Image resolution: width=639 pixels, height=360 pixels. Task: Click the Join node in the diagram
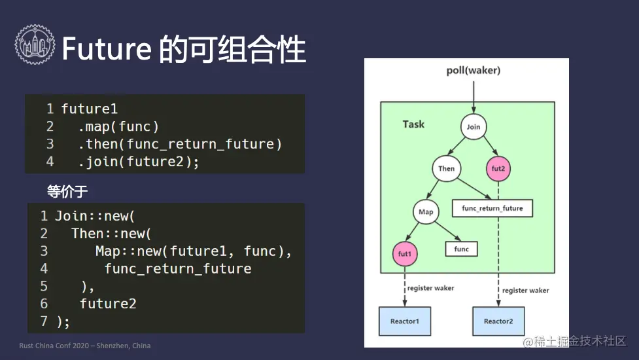[473, 127]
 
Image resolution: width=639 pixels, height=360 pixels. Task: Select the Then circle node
[446, 168]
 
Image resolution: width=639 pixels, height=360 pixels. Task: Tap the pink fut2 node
[498, 168]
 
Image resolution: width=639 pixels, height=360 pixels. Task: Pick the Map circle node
[426, 211]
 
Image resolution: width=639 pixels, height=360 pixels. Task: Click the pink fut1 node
[405, 253]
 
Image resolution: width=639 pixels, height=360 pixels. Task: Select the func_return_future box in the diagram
[492, 208]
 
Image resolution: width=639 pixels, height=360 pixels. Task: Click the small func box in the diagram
[461, 249]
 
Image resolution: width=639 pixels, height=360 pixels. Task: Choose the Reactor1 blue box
[405, 321]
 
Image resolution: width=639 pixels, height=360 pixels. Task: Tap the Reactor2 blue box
[498, 321]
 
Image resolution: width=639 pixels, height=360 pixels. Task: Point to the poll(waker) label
[473, 71]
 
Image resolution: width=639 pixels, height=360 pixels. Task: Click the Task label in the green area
[413, 124]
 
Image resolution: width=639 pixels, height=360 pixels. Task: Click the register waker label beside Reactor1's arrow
[430, 288]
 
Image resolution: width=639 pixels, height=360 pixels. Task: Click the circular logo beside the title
[35, 45]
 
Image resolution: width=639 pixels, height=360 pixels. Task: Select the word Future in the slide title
[107, 49]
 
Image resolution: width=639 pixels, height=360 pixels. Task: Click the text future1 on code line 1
[89, 109]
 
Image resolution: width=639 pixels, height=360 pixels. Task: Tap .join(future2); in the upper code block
[139, 162]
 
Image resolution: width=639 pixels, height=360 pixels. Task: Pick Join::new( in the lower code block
[95, 216]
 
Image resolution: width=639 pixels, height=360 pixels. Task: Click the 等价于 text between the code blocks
[67, 191]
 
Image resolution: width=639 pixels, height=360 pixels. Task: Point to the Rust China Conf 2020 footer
[85, 346]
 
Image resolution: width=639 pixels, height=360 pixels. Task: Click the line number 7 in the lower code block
[44, 321]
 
